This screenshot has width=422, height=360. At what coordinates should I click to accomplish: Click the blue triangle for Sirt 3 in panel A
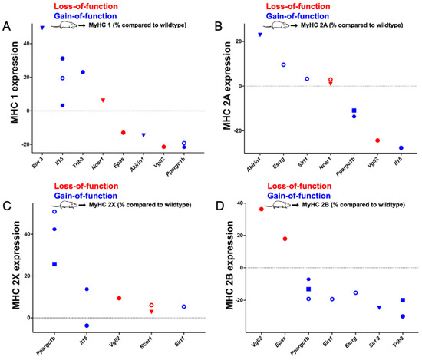[41, 28]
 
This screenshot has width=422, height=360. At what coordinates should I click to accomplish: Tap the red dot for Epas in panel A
[123, 133]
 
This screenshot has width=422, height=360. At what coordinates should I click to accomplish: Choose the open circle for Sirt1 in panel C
[184, 306]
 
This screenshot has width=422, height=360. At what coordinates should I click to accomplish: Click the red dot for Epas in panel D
[285, 239]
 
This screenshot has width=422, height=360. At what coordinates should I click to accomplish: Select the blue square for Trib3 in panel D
[403, 300]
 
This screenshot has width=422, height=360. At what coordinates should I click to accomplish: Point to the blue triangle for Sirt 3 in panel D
[379, 308]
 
